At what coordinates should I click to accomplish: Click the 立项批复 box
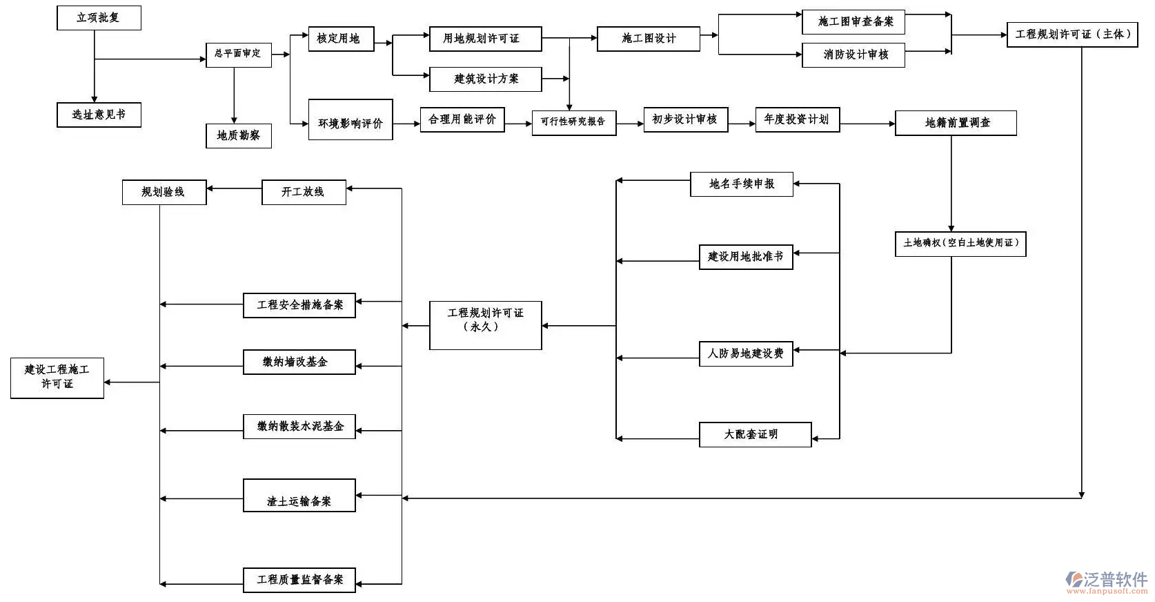pos(99,18)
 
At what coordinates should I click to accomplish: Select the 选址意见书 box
pos(99,115)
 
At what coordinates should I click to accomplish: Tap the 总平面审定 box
pos(238,54)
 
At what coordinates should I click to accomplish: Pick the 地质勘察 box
pos(239,135)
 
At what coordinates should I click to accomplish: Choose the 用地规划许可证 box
pos(485,39)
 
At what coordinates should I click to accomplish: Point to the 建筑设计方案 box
pos(485,79)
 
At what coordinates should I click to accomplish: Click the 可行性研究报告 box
pos(573,122)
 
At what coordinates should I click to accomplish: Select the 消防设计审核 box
pos(853,55)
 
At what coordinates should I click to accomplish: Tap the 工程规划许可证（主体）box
pos(1072,35)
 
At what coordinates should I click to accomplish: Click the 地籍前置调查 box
pos(956,123)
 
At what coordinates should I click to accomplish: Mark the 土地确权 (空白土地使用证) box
pos(960,243)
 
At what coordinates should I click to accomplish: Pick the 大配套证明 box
pos(755,434)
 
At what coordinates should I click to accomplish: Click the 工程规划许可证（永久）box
pos(485,325)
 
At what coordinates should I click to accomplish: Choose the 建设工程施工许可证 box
pos(57,378)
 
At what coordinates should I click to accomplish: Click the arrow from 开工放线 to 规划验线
pos(234,188)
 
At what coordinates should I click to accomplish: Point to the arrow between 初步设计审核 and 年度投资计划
pos(742,124)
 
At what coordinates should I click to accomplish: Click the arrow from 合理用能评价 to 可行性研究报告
pos(518,124)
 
